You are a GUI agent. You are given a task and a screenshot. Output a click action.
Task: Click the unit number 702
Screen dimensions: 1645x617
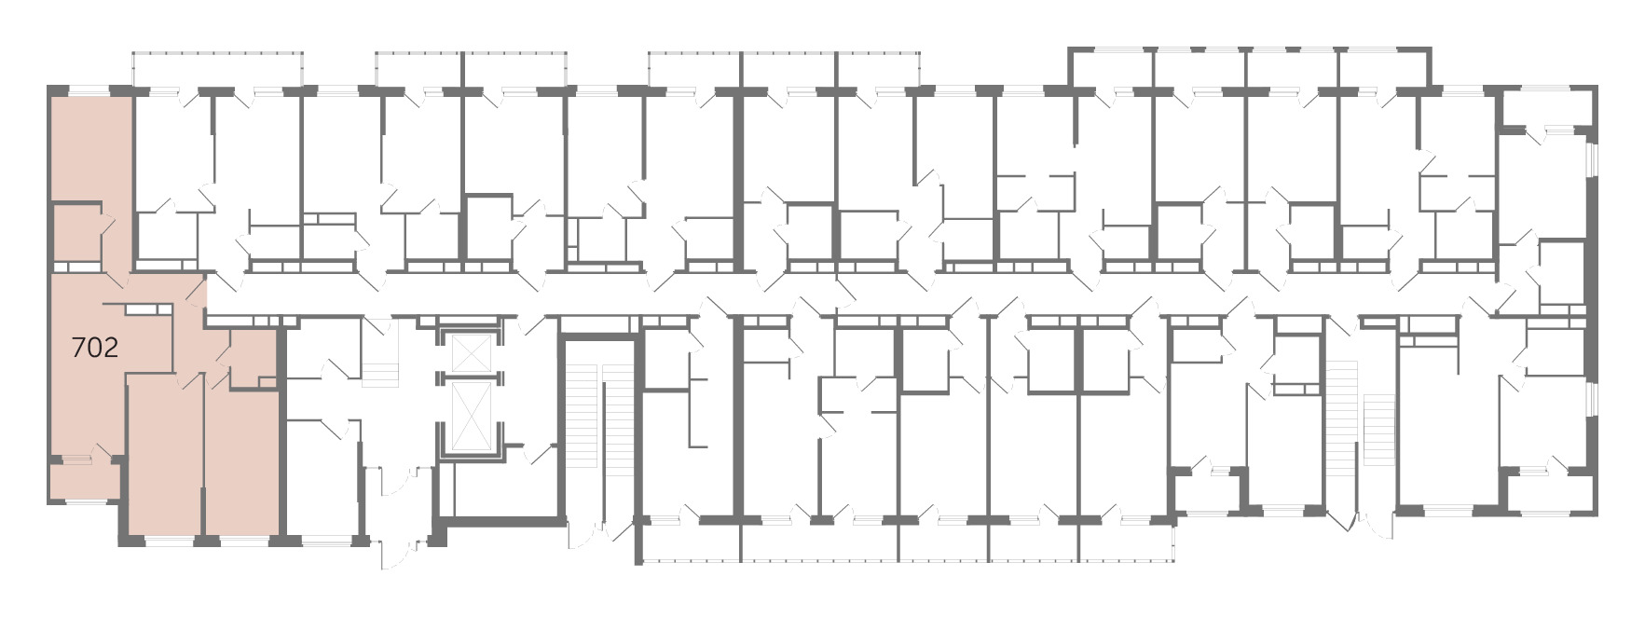[x=95, y=348]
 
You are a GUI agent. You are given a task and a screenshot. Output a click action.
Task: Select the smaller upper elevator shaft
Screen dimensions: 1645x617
[x=471, y=351]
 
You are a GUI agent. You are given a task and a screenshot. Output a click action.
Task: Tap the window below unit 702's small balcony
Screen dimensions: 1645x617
[x=84, y=503]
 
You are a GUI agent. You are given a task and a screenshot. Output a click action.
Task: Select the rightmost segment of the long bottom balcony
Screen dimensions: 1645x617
[x=1126, y=542]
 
